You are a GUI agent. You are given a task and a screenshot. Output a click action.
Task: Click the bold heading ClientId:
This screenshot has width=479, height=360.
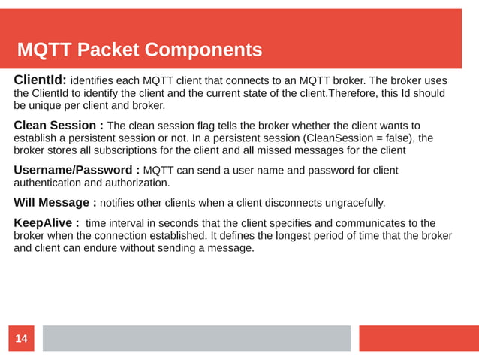tap(41, 80)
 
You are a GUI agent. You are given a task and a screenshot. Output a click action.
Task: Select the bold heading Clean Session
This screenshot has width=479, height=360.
tap(56, 125)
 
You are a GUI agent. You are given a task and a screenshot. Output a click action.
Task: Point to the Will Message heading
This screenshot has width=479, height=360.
tap(55, 202)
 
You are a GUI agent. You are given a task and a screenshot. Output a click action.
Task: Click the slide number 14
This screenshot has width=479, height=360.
tap(21, 340)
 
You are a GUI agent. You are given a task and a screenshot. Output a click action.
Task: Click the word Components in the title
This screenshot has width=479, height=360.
tap(203, 50)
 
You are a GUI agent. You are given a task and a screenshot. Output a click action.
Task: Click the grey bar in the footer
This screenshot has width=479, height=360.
tap(196, 338)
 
